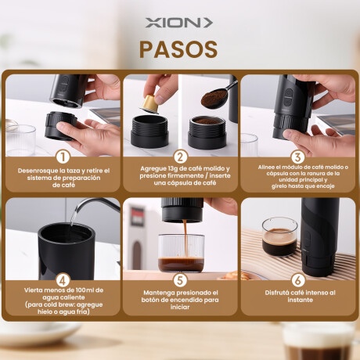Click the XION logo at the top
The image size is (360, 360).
tap(179, 23)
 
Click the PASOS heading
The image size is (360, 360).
tap(179, 49)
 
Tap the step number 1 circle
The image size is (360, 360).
tap(62, 156)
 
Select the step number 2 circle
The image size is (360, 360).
tap(179, 156)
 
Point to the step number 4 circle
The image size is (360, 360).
tap(62, 278)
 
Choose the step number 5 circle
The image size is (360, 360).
tap(179, 278)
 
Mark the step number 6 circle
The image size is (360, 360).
tap(297, 278)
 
